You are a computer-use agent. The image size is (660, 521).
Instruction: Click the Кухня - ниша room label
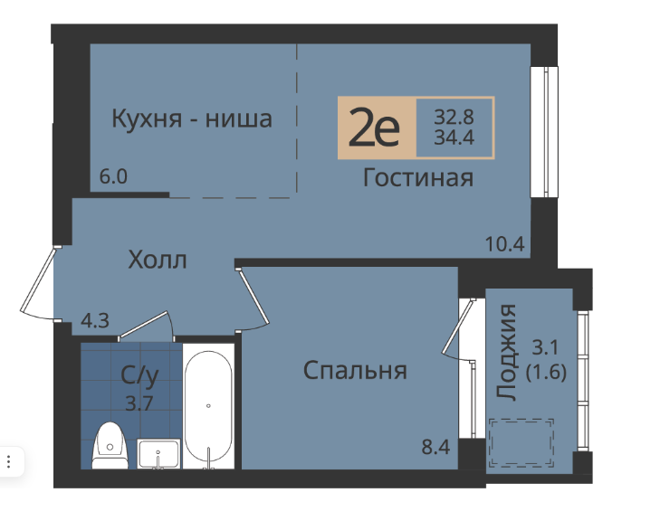(x=192, y=118)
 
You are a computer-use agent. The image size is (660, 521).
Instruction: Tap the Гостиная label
(x=418, y=177)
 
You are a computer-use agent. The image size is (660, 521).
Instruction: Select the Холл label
(x=158, y=260)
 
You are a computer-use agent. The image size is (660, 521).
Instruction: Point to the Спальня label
(x=355, y=371)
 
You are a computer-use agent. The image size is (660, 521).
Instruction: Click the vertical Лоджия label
(x=505, y=352)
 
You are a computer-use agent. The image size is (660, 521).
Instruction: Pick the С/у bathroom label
(x=139, y=375)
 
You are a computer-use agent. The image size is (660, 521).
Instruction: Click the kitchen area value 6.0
(x=113, y=176)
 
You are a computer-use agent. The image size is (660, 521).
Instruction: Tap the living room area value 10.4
(x=504, y=244)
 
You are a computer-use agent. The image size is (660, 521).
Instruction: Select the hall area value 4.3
(x=95, y=321)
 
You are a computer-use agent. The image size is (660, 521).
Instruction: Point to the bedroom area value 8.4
(x=436, y=447)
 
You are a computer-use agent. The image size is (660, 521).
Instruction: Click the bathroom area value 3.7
(x=139, y=403)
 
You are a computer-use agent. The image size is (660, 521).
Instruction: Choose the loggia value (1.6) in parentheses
(x=546, y=372)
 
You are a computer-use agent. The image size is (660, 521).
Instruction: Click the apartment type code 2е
(x=374, y=126)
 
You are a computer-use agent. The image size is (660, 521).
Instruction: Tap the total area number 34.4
(x=454, y=137)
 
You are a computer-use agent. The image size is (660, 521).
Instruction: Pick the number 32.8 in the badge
(x=454, y=117)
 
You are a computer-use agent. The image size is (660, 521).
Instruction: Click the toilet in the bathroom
(x=110, y=446)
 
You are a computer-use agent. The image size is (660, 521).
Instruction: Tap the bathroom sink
(x=158, y=454)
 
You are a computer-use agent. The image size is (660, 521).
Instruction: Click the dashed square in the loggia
(x=521, y=442)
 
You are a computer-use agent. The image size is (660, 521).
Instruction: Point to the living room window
(x=544, y=132)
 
